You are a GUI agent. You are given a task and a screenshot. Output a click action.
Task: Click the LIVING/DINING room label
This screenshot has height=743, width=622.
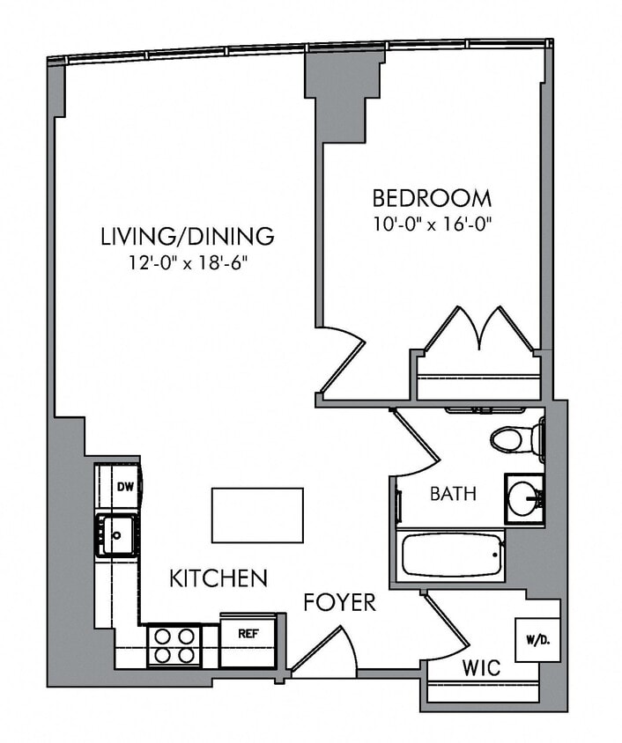pos(187,236)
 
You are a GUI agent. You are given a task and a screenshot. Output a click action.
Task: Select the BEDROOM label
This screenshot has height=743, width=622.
pos(431,197)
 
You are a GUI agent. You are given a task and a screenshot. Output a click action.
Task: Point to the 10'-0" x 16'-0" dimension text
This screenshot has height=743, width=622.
pos(431,223)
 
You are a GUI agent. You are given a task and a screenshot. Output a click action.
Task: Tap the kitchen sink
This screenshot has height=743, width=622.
pos(116,534)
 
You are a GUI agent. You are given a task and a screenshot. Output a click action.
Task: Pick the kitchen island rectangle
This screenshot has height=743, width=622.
pos(257,515)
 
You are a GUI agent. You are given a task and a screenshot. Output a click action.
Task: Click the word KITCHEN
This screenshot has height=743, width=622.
pos(218,578)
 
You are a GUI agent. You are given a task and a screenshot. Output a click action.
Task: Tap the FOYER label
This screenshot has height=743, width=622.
pos(339,603)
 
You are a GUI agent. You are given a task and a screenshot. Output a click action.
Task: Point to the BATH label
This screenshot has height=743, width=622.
pos(453,494)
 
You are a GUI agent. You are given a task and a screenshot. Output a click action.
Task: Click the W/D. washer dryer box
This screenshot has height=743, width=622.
pos(534,637)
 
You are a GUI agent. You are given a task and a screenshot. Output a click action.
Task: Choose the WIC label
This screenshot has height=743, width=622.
pos(481,668)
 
